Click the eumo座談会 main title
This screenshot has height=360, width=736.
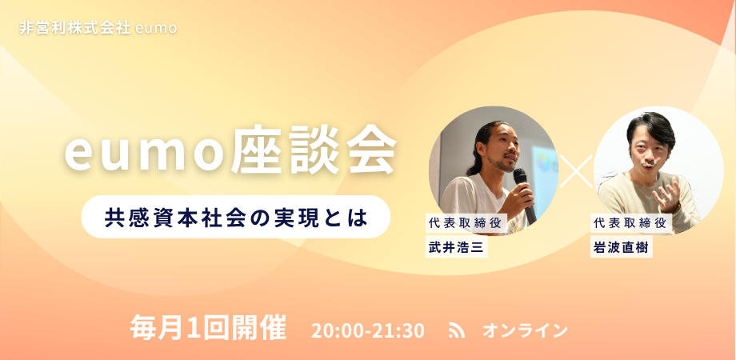230,152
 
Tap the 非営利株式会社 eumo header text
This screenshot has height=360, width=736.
98,28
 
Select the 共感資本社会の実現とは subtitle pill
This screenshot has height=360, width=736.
236,216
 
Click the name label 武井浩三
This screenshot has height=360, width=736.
456,248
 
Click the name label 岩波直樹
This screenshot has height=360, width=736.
622,248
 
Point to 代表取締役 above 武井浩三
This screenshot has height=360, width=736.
466,223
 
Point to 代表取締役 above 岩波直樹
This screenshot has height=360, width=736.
631,223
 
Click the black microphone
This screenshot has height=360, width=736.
524,194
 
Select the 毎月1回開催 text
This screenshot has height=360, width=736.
208,328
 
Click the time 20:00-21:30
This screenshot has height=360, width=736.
367,330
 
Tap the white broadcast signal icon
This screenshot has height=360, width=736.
456,330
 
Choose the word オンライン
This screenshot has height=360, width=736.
525,330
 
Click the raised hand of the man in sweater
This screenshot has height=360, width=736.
667,194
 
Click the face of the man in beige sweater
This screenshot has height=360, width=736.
650,151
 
